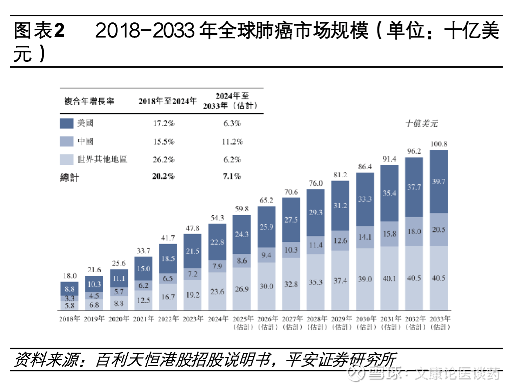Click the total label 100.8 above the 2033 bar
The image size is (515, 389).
[x=439, y=144]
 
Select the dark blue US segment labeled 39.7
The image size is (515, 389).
[x=439, y=182]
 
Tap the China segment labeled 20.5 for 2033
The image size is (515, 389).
[x=439, y=230]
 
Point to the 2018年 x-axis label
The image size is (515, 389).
[x=69, y=319]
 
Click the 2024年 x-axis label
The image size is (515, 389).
[x=218, y=319]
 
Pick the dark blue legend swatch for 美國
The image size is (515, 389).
[x=66, y=123]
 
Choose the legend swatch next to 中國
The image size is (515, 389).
[x=66, y=141]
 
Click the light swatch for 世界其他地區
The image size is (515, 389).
[x=66, y=159]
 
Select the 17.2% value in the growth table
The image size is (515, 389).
[x=163, y=123]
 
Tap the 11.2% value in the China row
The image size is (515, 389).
[x=232, y=142]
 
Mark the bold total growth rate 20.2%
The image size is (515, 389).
[x=163, y=176]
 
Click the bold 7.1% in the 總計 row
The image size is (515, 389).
[x=232, y=176]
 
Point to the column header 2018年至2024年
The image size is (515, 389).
[x=168, y=101]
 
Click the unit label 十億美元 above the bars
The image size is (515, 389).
[x=422, y=123]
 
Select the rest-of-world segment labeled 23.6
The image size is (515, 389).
[x=217, y=292]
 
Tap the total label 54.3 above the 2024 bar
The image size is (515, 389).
[x=217, y=218]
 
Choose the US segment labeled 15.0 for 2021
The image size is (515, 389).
[x=143, y=269]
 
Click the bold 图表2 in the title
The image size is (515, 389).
[x=39, y=30]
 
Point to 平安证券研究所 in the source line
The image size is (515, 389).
[x=340, y=360]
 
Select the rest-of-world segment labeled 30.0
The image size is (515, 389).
[x=266, y=286]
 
